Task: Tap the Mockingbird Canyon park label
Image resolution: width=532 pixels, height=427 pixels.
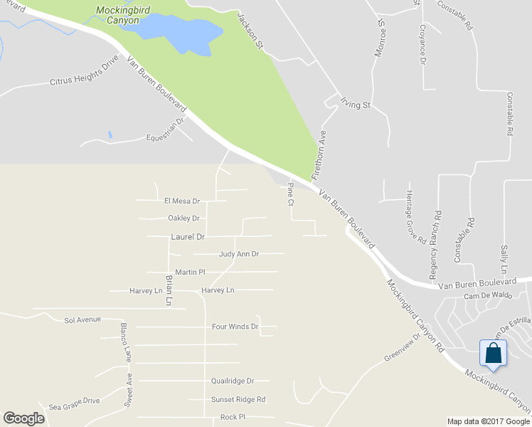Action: pos(119,15)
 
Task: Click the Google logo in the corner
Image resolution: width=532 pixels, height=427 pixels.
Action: pos(23,418)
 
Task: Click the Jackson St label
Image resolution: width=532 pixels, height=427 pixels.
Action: pos(250,31)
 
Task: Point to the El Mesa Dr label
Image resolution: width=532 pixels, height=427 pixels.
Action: pos(182,201)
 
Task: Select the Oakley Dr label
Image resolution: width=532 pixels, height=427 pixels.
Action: pos(183,218)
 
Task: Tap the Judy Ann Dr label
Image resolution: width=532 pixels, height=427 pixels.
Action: pos(239,253)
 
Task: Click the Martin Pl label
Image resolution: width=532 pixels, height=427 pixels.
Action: pos(190,272)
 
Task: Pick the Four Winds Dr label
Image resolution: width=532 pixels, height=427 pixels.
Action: pos(235,327)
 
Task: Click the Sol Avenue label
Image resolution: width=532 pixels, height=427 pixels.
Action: pos(83,320)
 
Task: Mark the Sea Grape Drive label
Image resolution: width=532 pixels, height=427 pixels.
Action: pos(74,400)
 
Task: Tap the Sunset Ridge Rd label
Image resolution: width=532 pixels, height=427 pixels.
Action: pos(238,399)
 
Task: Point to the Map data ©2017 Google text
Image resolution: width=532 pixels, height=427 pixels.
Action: pos(487,421)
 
